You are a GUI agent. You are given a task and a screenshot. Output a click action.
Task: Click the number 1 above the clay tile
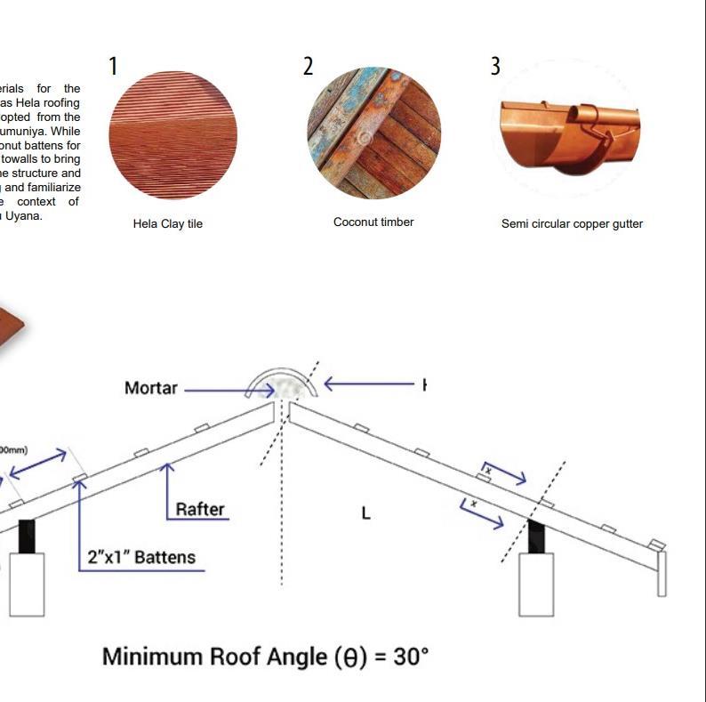click(113, 66)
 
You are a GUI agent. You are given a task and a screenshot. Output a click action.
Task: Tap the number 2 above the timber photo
click(309, 66)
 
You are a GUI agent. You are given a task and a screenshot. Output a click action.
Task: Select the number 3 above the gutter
click(495, 66)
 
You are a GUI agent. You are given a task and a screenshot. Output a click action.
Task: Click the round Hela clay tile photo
click(172, 135)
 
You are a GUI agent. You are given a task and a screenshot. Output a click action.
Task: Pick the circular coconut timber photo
click(373, 135)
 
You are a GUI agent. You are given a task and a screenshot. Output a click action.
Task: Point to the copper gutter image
click(569, 135)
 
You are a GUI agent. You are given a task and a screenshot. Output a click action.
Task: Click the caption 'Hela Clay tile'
click(168, 224)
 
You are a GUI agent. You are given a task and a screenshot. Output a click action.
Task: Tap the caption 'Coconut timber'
click(373, 222)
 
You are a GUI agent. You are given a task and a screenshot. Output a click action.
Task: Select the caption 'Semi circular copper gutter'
click(572, 224)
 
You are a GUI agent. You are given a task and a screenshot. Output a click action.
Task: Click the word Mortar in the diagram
click(151, 388)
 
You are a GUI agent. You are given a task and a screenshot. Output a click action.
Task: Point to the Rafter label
click(200, 510)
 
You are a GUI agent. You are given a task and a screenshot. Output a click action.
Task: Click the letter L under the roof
click(365, 513)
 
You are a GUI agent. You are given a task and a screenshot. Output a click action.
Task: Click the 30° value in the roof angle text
click(411, 657)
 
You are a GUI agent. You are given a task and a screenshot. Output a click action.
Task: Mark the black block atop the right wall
click(536, 537)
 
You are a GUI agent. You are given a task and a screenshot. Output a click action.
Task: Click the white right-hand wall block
click(536, 583)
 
